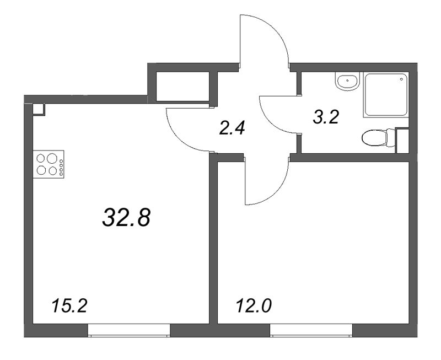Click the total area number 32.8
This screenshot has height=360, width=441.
click(126, 218)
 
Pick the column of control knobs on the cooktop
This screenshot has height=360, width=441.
click(61, 168)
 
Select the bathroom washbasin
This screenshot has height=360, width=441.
click(347, 82)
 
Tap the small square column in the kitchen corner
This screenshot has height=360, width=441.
click(38, 109)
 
